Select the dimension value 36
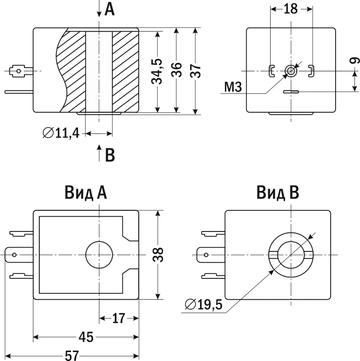[x=177, y=70]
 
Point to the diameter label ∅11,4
[x=61, y=133]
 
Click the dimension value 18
[x=290, y=9]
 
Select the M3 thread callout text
[x=233, y=87]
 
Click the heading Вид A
[x=85, y=193]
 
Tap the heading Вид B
[x=278, y=193]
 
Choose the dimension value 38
[x=157, y=255]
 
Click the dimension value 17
[x=118, y=319]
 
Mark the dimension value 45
[x=85, y=337]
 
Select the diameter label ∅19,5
[x=204, y=305]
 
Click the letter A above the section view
[x=109, y=9]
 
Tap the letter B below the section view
[x=110, y=155]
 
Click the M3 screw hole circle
[x=291, y=70]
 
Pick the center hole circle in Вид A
[x=99, y=255]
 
